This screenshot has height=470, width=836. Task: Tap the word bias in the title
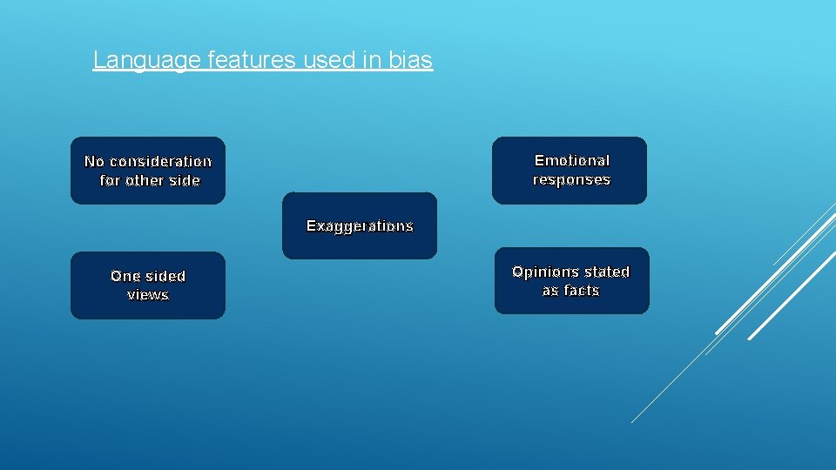[x=413, y=60]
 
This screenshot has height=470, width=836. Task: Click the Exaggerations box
[x=360, y=226]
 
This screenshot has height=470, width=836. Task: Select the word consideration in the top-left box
[x=160, y=162]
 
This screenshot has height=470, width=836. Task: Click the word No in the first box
[x=94, y=162]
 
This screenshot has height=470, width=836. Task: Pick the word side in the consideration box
[x=185, y=181]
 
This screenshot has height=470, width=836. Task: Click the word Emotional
[x=571, y=161]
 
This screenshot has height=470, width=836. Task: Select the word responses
[x=571, y=180]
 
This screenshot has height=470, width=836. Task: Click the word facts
[x=583, y=291]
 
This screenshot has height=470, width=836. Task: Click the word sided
[x=165, y=277]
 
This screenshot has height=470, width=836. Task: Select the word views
[x=148, y=295]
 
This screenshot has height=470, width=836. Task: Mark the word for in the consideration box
[x=111, y=181]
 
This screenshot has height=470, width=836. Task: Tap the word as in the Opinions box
[x=551, y=291]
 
